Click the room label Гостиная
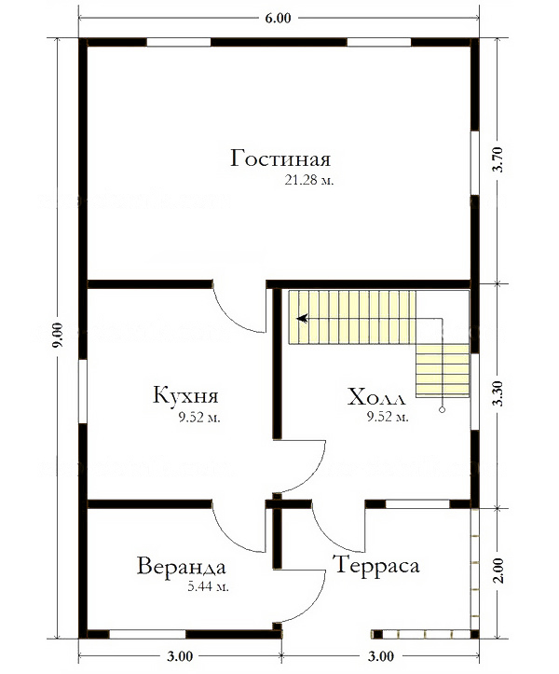[x=280, y=158]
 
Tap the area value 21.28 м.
[x=309, y=180]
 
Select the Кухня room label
[x=185, y=394]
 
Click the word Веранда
[x=182, y=566]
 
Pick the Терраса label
[x=376, y=565]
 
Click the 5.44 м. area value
[x=208, y=586]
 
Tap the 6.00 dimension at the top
[x=278, y=18]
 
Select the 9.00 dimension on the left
[x=58, y=335]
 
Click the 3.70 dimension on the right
[x=498, y=159]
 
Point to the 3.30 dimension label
[x=498, y=393]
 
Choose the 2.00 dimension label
[x=498, y=571]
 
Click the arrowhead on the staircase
[x=303, y=319]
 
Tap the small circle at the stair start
[x=442, y=410]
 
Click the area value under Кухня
[x=199, y=417]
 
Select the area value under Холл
[x=388, y=416]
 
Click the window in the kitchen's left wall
[x=83, y=392]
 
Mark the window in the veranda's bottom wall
[x=147, y=635]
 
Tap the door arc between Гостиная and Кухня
[x=238, y=310]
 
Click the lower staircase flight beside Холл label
[x=443, y=370]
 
